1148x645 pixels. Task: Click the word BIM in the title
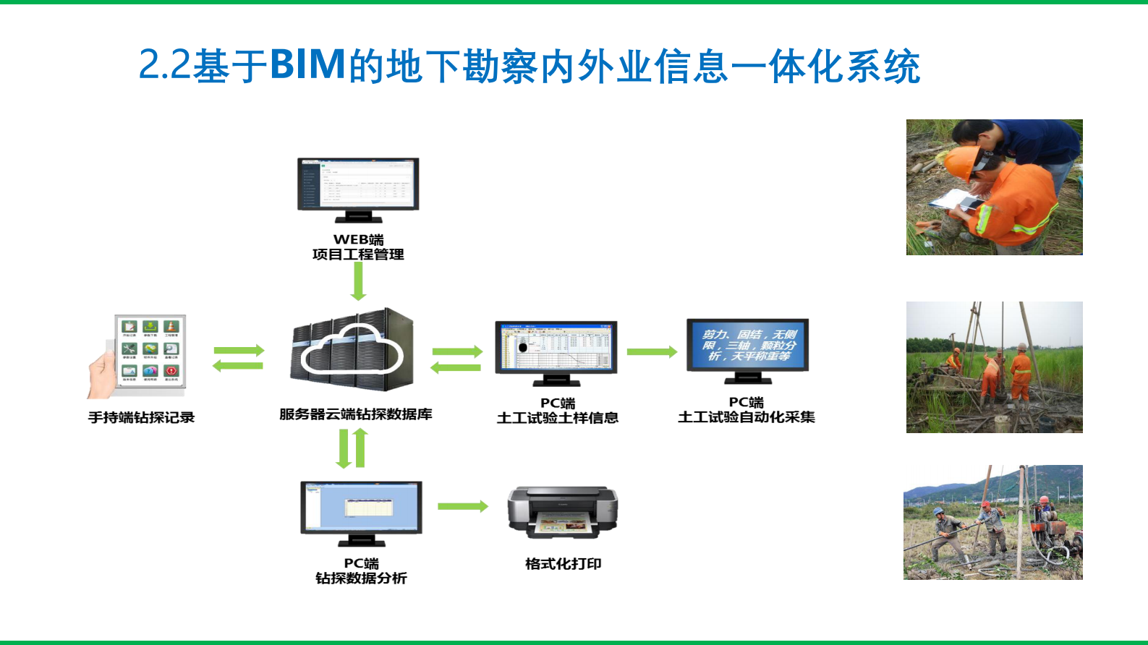tap(307, 65)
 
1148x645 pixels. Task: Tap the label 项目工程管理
tap(358, 255)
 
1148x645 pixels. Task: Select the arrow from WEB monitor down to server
tap(358, 281)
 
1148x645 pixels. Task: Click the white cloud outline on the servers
tap(352, 349)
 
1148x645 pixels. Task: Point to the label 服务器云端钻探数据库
tap(355, 414)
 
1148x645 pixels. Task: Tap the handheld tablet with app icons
tap(148, 354)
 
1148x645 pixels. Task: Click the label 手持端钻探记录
tap(141, 417)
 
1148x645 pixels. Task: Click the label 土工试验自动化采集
tap(746, 417)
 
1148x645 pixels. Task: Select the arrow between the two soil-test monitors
tap(651, 352)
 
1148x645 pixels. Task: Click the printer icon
tap(562, 512)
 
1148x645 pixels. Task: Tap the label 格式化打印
tap(563, 564)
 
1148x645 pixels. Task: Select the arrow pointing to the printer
tap(462, 506)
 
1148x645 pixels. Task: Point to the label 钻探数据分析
tap(361, 578)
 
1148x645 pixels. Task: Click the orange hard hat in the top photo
tap(961, 163)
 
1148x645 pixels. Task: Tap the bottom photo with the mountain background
tap(992, 522)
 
